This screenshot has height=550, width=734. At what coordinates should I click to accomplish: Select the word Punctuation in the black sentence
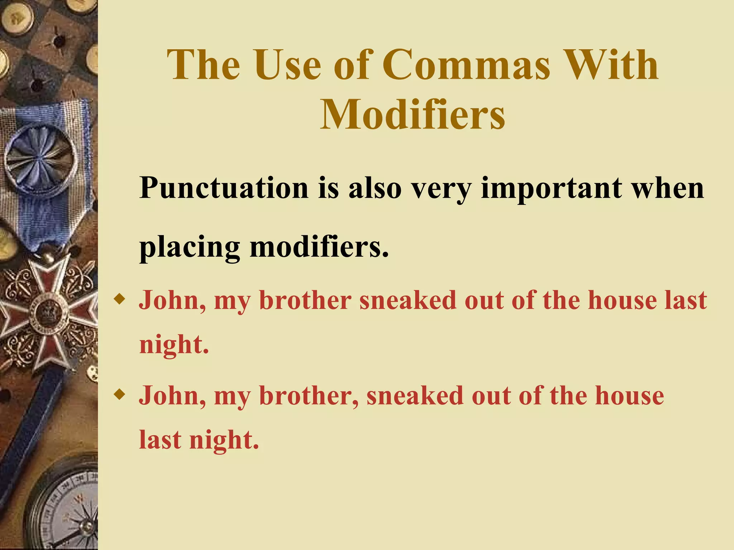[x=224, y=188]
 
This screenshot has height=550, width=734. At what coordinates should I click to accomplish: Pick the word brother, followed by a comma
[x=309, y=396]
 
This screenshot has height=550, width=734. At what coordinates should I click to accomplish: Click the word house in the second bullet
[x=629, y=396]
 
